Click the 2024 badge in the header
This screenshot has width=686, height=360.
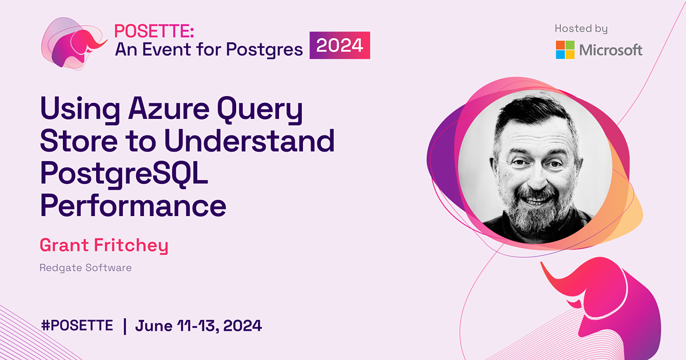[x=340, y=46]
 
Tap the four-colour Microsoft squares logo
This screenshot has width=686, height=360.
[x=565, y=50]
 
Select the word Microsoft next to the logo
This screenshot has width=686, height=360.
[x=611, y=50]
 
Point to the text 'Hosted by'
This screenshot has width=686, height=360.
[x=581, y=29]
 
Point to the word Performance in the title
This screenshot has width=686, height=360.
[x=133, y=205]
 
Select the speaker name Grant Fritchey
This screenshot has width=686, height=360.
[x=103, y=246]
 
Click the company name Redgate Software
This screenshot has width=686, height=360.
[x=85, y=267]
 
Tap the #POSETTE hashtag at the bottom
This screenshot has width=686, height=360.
[x=77, y=326]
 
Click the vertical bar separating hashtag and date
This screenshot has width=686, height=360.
[x=124, y=326]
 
